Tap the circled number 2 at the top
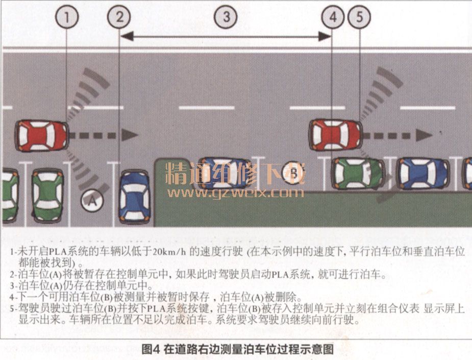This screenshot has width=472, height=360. pyautogui.click(x=119, y=17)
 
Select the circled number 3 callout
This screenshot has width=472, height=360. pyautogui.click(x=225, y=17)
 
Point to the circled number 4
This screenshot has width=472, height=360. pyautogui.click(x=333, y=17)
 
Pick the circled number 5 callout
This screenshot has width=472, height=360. pyautogui.click(x=359, y=17)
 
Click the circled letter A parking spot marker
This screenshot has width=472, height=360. pyautogui.click(x=92, y=201)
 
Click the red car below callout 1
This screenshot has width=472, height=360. pyautogui.click(x=41, y=135)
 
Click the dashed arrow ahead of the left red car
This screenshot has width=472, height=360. pyautogui.click(x=105, y=135)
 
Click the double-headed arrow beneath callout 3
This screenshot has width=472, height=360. pyautogui.click(x=225, y=36)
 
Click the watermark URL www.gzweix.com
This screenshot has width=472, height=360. pyautogui.click(x=235, y=193)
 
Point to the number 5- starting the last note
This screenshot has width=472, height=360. pyautogui.click(x=13, y=308)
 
